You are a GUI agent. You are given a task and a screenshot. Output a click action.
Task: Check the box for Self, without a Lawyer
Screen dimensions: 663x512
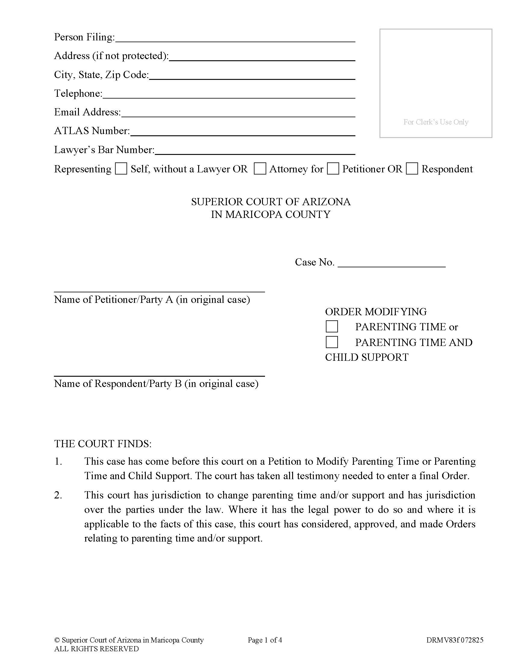coord(121,168)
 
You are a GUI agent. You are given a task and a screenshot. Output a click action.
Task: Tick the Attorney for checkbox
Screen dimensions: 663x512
coord(260,168)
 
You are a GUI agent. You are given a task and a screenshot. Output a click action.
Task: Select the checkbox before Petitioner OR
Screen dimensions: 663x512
coord(333,168)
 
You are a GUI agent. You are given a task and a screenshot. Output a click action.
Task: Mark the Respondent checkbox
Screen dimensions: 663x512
coord(412,168)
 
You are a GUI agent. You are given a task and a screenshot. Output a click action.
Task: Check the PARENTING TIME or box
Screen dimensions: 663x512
coord(332,327)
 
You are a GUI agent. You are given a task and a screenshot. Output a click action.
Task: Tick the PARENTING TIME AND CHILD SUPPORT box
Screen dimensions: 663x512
coord(332,342)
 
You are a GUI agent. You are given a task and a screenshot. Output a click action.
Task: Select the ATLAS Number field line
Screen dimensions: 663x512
coord(243,133)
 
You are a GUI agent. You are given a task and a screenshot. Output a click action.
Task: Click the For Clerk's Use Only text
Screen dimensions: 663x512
coord(436,122)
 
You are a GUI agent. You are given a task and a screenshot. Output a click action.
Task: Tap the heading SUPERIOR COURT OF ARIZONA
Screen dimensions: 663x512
coord(270,202)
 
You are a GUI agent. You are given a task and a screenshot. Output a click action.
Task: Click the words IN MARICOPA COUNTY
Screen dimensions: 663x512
coord(270,215)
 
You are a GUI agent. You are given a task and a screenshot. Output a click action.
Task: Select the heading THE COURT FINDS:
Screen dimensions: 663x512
coord(103,444)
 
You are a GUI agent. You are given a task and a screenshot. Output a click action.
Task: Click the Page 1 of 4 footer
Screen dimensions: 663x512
coord(265,640)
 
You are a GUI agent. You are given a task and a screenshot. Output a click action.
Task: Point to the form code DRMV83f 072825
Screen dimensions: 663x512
coord(455,640)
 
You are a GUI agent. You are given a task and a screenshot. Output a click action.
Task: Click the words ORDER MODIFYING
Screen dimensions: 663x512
coord(376,312)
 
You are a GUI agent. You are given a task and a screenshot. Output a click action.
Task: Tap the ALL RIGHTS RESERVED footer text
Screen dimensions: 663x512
coord(96,649)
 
